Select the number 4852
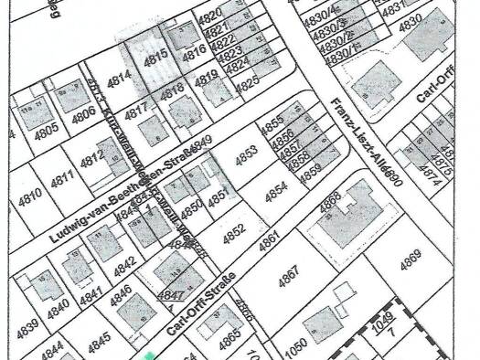(233, 233)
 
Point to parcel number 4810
(30, 194)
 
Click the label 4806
(84, 113)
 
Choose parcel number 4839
(27, 326)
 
